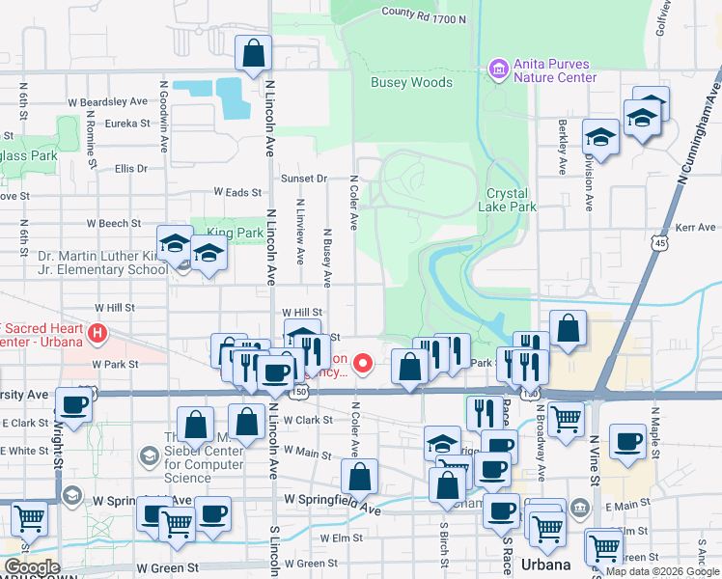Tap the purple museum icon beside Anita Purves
coord(498,69)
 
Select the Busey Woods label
coord(411,83)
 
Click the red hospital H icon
coord(96,334)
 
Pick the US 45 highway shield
coord(659,243)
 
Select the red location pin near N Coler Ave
coord(363,363)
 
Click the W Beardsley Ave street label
coord(107,101)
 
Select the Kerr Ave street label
coord(696,228)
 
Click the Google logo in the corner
coord(32,567)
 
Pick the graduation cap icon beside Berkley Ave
coord(600,139)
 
